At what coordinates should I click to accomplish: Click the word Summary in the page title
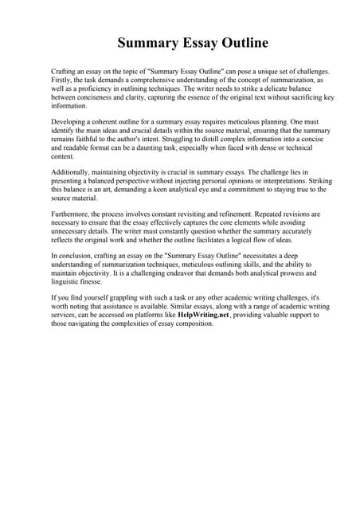click(x=147, y=43)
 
